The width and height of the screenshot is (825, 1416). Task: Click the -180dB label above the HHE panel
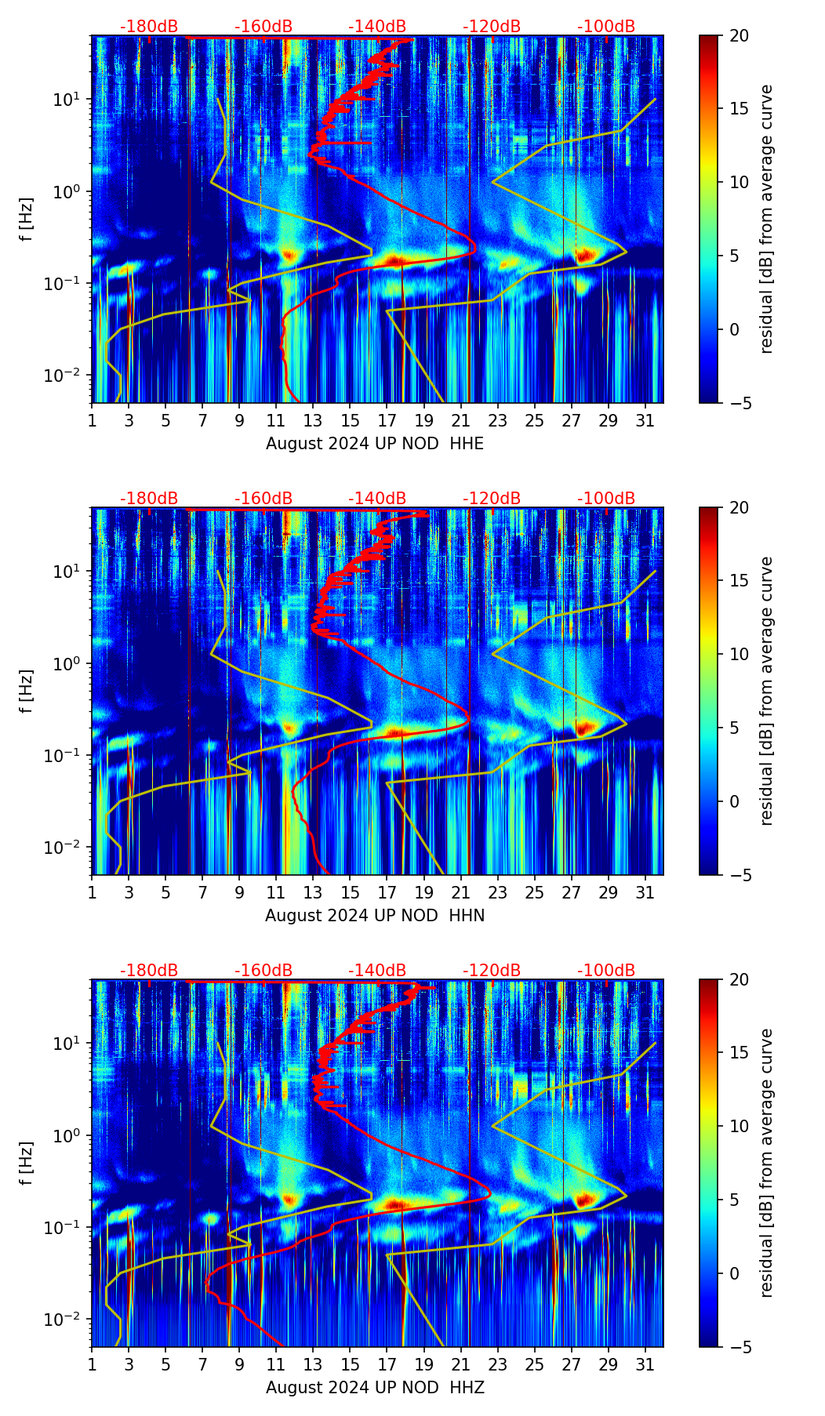coord(149,27)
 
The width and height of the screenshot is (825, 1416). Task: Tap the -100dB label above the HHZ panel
coord(606,971)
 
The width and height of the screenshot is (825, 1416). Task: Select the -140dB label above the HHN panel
coord(377,499)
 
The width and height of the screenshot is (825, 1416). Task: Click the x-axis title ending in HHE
coord(375,444)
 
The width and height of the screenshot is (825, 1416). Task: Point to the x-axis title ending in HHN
coord(375,916)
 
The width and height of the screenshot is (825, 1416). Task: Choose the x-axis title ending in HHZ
coord(375,1388)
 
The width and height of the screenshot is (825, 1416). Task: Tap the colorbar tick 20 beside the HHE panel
coord(739,36)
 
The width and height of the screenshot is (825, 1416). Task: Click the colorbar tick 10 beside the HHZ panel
coord(739,1126)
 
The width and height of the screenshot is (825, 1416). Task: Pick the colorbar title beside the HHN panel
coord(766,691)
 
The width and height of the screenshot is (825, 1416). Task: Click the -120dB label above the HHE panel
coord(492,27)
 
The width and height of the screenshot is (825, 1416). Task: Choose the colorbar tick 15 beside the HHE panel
coord(739,109)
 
